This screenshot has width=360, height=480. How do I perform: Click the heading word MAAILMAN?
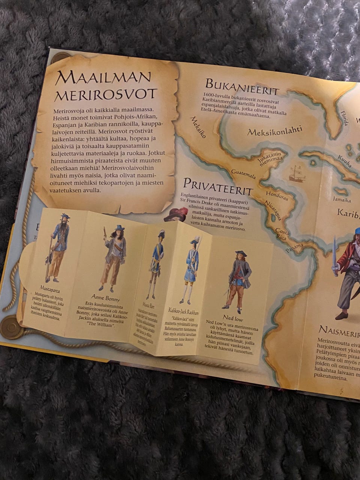103,78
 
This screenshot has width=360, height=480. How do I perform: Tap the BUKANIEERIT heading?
241,87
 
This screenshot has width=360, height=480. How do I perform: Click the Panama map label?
294,247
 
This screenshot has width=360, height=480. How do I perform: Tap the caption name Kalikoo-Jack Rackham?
183,312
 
